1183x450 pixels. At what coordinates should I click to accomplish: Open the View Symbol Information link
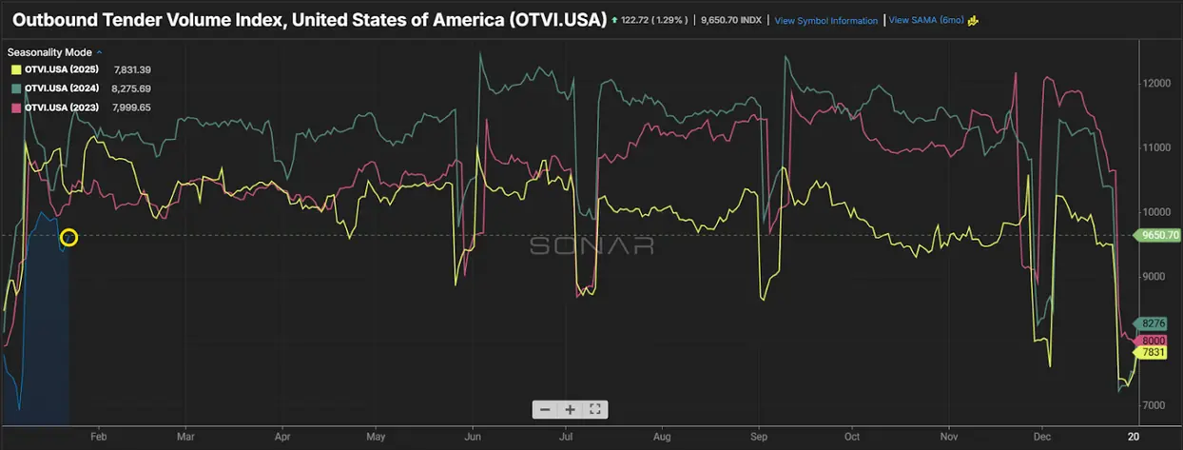click(825, 20)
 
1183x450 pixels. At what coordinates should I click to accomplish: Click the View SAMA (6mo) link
click(925, 20)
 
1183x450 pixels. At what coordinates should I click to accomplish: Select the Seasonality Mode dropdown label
click(53, 52)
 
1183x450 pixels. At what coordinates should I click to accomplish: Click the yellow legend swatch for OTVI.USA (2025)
click(16, 69)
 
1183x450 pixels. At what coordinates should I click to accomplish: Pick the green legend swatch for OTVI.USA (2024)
click(16, 88)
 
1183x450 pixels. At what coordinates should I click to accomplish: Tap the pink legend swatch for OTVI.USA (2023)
click(16, 108)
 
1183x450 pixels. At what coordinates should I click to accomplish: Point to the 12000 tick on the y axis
click(1156, 83)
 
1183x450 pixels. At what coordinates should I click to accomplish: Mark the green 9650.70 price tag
click(1159, 235)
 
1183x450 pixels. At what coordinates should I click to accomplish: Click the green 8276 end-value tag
click(1154, 324)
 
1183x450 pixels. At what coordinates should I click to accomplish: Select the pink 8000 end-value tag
click(1154, 341)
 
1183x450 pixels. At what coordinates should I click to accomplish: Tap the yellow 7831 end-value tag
click(1154, 352)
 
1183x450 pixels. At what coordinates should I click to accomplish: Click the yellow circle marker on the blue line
click(68, 237)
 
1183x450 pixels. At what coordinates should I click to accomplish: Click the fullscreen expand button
click(595, 409)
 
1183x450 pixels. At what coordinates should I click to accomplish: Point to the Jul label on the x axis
click(567, 438)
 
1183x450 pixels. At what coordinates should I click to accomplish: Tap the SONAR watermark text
click(591, 245)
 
